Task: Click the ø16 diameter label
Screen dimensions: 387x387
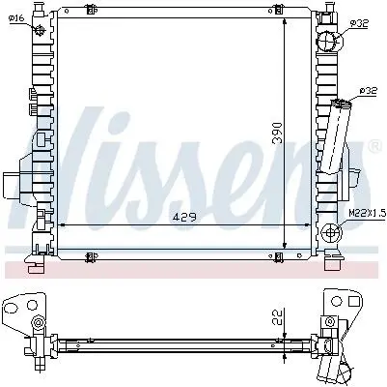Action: (16, 18)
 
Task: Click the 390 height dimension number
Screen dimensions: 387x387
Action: (277, 133)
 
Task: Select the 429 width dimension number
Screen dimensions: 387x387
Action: (184, 217)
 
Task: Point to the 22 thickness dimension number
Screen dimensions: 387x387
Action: (278, 317)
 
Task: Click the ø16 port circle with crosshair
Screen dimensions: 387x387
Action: (40, 31)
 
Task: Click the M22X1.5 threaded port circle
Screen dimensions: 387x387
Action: (331, 232)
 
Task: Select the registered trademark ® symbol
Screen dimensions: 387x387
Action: (374, 147)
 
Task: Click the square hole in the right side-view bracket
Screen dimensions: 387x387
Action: (354, 301)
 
